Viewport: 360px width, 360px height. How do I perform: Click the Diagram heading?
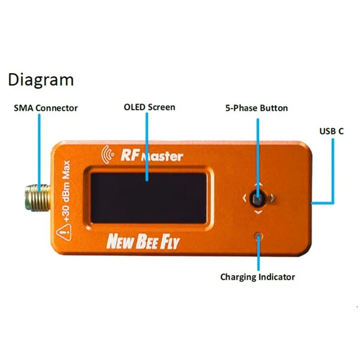point(40,80)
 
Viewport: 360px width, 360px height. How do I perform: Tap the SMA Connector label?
point(45,108)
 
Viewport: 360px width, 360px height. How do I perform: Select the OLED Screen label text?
point(149,107)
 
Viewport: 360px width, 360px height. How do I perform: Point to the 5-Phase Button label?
point(256,108)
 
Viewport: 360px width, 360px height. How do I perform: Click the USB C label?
point(332,131)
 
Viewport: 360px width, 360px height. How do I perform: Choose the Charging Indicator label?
point(257,277)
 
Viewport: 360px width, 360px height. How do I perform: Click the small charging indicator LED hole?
point(258,236)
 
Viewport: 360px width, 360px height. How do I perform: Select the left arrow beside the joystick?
point(244,198)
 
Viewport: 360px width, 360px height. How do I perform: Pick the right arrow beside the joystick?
point(272,198)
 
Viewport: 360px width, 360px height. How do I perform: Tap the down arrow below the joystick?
point(258,211)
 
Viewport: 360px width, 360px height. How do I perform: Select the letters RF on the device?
point(129,156)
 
